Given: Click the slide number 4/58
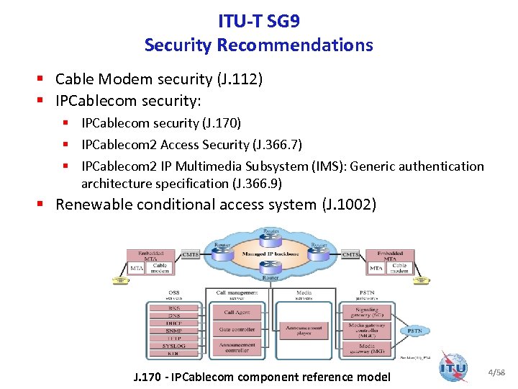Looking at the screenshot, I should tap(496, 372).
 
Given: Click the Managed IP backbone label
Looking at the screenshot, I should tap(271, 256).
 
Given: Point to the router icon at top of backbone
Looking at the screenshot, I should tap(271, 236).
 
